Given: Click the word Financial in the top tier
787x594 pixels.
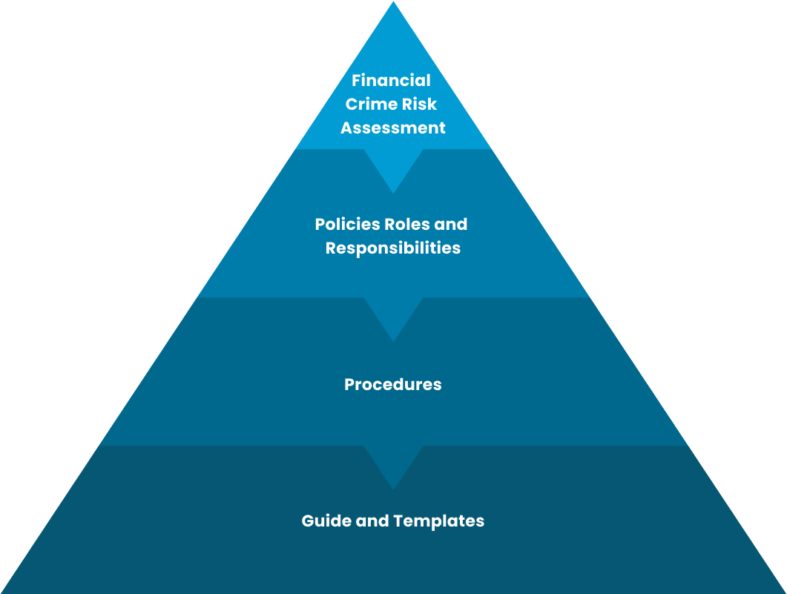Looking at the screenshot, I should pyautogui.click(x=391, y=80).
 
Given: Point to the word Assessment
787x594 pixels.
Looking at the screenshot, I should pyautogui.click(x=392, y=128).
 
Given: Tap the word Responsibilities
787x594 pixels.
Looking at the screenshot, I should pyautogui.click(x=392, y=248).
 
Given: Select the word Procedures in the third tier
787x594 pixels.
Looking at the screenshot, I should pyautogui.click(x=392, y=385).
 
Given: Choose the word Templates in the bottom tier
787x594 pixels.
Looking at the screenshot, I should pyautogui.click(x=438, y=521).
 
